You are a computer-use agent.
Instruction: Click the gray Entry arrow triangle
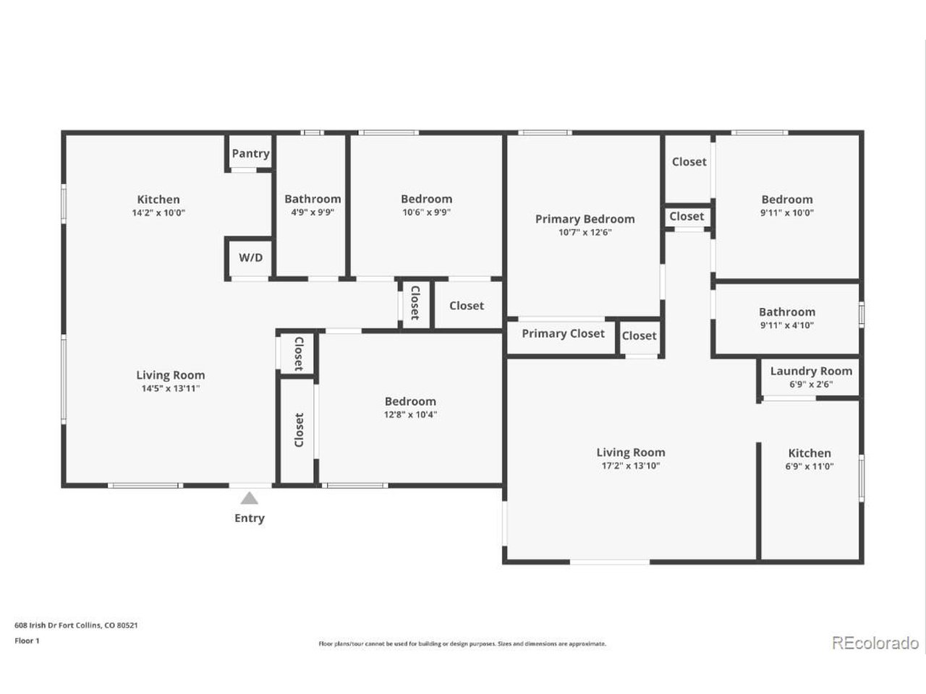[x=250, y=498]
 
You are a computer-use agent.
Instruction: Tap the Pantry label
[x=250, y=154]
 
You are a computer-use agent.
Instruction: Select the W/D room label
[x=250, y=257]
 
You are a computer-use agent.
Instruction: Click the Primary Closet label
[x=563, y=334]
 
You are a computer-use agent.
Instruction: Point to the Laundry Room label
[x=811, y=372]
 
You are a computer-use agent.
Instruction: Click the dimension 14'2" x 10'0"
[x=158, y=213]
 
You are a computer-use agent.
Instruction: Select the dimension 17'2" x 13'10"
[x=631, y=466]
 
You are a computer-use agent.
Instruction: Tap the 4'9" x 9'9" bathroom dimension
[x=313, y=213]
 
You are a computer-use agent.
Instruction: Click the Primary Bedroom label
[x=585, y=219]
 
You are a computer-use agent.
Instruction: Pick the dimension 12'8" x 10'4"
[x=410, y=415]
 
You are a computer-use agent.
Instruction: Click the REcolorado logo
[x=875, y=643]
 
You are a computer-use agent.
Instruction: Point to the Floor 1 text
[x=27, y=641]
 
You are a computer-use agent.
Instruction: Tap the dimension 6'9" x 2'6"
[x=811, y=385]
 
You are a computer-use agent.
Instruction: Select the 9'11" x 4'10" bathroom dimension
[x=787, y=325]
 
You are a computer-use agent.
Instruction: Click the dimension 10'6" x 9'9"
[x=427, y=213]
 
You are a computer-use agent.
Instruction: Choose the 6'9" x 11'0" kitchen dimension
[x=810, y=466]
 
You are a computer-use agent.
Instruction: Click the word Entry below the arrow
[x=250, y=518]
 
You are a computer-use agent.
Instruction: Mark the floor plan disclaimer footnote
[x=462, y=644]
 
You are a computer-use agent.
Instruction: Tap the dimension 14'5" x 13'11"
[x=171, y=388]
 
